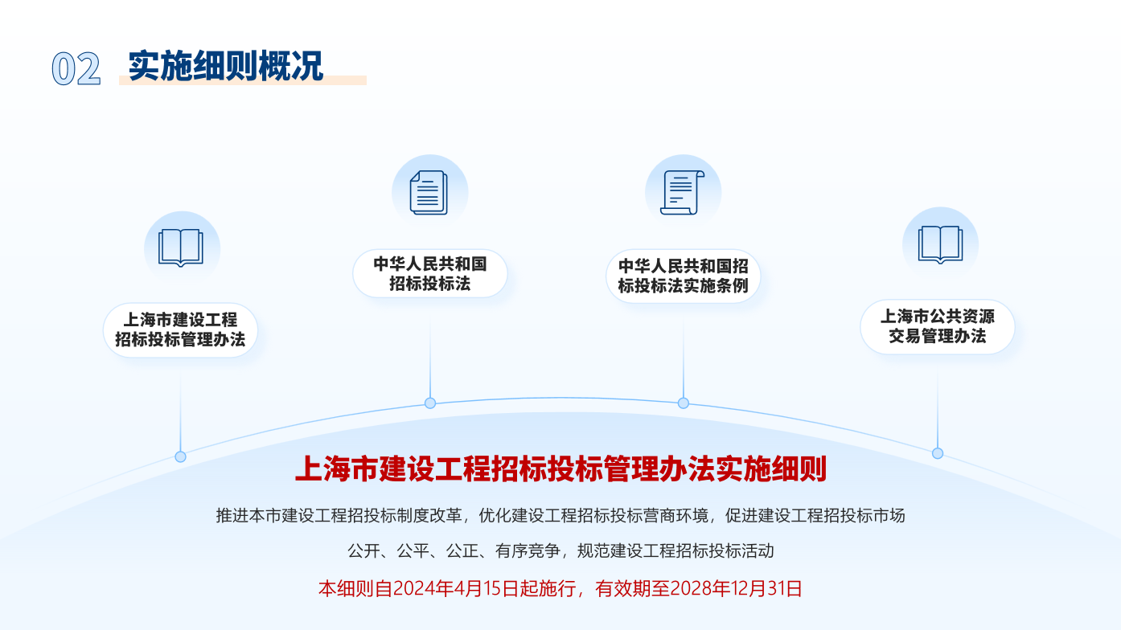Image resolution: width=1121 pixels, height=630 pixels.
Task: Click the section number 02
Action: click(76, 68)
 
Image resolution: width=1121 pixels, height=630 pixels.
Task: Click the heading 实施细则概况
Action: click(226, 66)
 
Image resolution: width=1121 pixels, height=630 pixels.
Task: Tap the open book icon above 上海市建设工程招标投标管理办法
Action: click(181, 247)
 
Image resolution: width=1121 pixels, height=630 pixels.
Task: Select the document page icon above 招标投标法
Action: click(429, 193)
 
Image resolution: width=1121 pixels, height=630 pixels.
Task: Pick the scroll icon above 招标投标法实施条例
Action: click(682, 193)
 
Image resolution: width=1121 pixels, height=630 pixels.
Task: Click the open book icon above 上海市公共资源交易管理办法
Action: click(940, 244)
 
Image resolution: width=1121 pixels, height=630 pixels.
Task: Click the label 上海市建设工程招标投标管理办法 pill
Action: click(180, 330)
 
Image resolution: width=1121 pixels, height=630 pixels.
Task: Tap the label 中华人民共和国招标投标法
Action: click(430, 274)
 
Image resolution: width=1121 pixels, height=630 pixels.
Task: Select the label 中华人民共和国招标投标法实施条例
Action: click(683, 276)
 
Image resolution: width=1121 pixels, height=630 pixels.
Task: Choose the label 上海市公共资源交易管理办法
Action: click(938, 326)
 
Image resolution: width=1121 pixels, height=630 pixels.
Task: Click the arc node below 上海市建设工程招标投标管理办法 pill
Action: click(181, 456)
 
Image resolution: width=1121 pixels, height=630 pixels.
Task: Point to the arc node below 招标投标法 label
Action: click(430, 403)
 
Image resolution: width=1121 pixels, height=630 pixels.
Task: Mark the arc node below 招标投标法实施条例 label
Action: click(683, 403)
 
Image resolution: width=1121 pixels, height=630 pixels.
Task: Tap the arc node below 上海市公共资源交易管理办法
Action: click(938, 453)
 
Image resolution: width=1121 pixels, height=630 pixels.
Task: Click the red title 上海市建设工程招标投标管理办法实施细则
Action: click(560, 469)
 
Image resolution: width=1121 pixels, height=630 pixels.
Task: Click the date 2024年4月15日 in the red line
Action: click(455, 588)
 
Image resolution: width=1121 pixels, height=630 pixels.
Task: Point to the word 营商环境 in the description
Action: click(675, 516)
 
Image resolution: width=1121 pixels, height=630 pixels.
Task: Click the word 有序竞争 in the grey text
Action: click(528, 551)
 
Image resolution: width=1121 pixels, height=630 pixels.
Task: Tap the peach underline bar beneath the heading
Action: click(243, 80)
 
